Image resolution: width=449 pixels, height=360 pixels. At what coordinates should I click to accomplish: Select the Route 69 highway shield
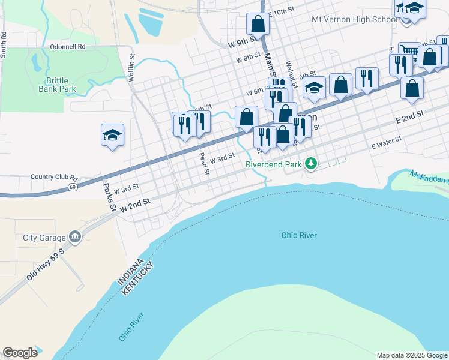pos(72,187)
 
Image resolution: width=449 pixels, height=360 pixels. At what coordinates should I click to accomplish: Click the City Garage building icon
pos(74,237)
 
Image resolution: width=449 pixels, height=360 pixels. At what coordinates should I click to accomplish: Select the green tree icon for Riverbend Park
pos(310,163)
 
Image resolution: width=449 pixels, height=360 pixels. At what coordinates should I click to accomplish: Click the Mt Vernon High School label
pos(354,19)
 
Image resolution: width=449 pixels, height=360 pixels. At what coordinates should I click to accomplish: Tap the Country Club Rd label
pos(55,178)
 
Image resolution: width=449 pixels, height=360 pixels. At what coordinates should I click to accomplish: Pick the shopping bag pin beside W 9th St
pos(258,25)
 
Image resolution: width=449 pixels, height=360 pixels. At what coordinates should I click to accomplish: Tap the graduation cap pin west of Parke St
pos(112,135)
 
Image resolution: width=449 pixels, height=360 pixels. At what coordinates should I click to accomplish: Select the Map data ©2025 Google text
pos(412,355)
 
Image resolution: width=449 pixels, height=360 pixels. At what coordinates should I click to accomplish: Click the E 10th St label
pos(282,11)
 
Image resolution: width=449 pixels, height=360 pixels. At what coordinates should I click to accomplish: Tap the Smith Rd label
pos(4,44)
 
